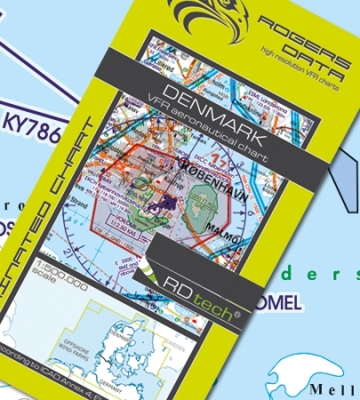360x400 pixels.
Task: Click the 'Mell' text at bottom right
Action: tap(334, 389)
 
